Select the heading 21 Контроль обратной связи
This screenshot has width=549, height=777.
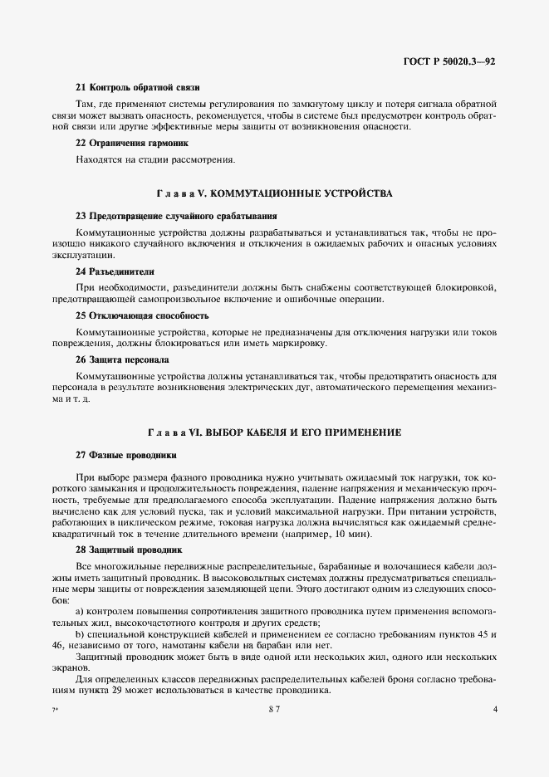point(137,87)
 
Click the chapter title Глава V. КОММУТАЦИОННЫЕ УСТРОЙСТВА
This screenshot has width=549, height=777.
point(274,193)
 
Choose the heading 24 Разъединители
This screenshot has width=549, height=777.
point(115,271)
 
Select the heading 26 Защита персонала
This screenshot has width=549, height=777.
point(122,360)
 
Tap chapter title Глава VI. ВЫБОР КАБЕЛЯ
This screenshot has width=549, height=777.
point(274,432)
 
